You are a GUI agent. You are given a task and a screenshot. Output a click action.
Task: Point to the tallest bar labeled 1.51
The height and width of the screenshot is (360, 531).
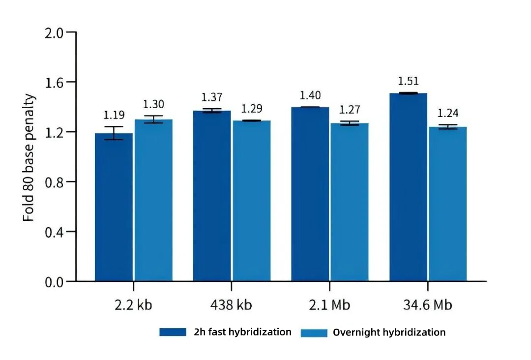pyautogui.click(x=408, y=187)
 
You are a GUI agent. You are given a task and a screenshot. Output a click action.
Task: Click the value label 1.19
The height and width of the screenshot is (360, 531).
pyautogui.click(x=114, y=115)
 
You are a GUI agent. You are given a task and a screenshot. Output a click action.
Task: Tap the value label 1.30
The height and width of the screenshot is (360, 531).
pyautogui.click(x=153, y=104)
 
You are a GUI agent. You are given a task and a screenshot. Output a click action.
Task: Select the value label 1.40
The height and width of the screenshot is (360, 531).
pyautogui.click(x=310, y=95)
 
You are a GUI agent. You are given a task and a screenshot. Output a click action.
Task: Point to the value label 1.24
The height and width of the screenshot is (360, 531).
pyautogui.click(x=447, y=114)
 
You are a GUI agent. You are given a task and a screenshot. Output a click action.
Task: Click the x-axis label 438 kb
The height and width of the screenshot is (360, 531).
pyautogui.click(x=231, y=305)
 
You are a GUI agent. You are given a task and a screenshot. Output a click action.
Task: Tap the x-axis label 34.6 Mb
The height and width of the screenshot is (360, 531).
pyautogui.click(x=427, y=305)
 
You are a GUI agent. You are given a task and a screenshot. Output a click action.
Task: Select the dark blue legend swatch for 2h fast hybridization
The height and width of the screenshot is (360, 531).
pyautogui.click(x=173, y=332)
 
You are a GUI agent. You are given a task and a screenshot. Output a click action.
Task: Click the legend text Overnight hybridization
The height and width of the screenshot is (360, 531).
pyautogui.click(x=389, y=332)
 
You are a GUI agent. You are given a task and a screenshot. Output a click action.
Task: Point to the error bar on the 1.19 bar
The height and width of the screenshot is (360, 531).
pyautogui.click(x=114, y=133)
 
